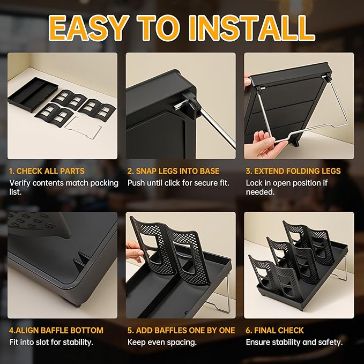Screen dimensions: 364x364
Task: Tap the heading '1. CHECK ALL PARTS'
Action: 47,171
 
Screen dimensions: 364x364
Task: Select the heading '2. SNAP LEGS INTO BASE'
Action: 173,171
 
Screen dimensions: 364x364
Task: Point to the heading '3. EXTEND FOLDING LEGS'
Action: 293,171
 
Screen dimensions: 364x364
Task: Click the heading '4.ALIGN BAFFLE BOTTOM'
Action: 56,330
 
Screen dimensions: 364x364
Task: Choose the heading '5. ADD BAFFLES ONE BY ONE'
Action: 181,330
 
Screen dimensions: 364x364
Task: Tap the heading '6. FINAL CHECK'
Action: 274,330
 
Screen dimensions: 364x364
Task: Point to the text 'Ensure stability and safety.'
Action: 294,342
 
